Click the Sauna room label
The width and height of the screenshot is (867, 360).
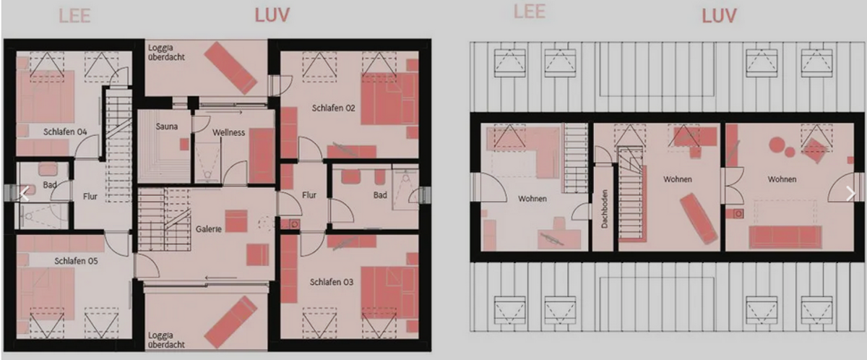pos(167,127)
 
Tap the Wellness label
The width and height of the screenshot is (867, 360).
pos(228,132)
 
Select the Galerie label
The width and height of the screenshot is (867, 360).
pos(208,229)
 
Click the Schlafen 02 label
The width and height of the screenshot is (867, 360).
pos(333,108)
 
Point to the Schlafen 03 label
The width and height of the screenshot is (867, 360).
pos(332,282)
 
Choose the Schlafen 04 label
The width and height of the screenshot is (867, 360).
pos(65,132)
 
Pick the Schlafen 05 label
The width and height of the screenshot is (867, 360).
pos(76,261)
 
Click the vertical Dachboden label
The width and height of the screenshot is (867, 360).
pos(605,209)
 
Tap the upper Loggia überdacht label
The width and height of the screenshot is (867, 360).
pos(166,52)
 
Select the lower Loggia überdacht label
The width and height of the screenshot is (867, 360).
pos(166,340)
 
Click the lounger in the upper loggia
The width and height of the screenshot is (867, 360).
pos(230,68)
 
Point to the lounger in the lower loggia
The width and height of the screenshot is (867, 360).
pos(230,322)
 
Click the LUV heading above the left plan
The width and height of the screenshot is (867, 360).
pos(272,15)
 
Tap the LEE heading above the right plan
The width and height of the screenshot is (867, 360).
pos(529,12)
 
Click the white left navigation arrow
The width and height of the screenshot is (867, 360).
pos(25,194)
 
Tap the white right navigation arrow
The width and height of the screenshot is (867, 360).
pos(851,194)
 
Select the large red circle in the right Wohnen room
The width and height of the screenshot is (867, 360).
pos(777,145)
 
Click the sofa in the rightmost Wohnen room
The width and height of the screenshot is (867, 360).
pos(785,237)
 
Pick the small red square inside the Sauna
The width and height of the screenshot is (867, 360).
pos(184,145)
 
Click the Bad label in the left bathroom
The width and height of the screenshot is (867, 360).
pos(50,185)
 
